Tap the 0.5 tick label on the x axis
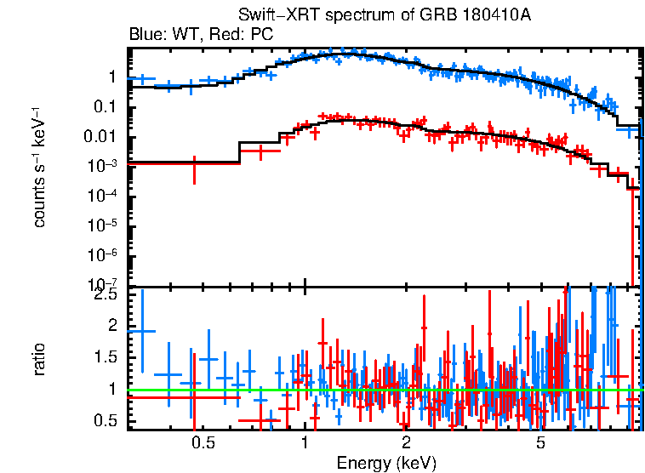(202, 443)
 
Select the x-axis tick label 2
(407, 443)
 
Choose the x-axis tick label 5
(540, 443)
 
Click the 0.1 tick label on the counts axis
(105, 107)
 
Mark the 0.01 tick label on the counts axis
(100, 137)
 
